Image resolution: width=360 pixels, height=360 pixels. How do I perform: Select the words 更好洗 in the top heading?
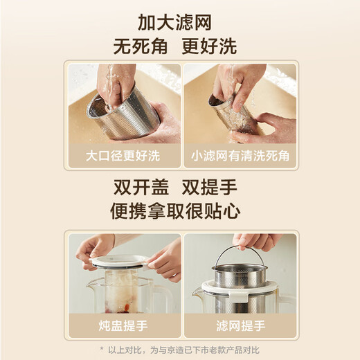210,46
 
